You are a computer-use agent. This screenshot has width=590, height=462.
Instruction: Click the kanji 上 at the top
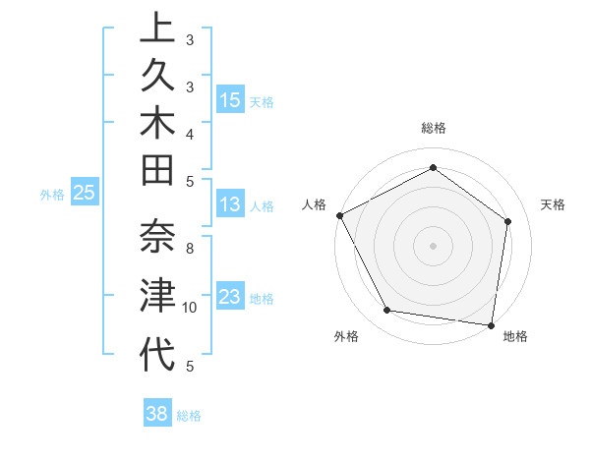click(x=157, y=29)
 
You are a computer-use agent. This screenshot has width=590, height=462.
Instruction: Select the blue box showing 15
click(x=230, y=100)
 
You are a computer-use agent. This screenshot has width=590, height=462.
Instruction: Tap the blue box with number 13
click(x=230, y=204)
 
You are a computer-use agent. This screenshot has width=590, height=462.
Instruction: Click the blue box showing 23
click(x=230, y=297)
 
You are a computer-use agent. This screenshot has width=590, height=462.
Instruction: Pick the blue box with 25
click(x=85, y=194)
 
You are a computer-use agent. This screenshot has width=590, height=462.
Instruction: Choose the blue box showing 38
click(x=157, y=414)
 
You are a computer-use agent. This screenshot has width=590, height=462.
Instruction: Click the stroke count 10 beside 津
click(x=190, y=308)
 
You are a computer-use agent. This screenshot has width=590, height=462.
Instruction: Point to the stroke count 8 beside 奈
click(x=190, y=249)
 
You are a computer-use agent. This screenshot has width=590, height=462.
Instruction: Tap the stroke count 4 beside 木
click(x=190, y=133)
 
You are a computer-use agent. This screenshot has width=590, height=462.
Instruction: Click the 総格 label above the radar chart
click(x=434, y=128)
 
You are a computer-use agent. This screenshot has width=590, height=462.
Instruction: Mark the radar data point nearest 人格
click(x=339, y=215)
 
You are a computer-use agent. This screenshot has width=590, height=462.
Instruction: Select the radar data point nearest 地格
click(x=492, y=324)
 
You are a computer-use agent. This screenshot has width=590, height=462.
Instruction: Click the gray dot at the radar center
click(x=433, y=245)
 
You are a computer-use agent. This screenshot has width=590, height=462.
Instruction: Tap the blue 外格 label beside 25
click(x=52, y=195)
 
